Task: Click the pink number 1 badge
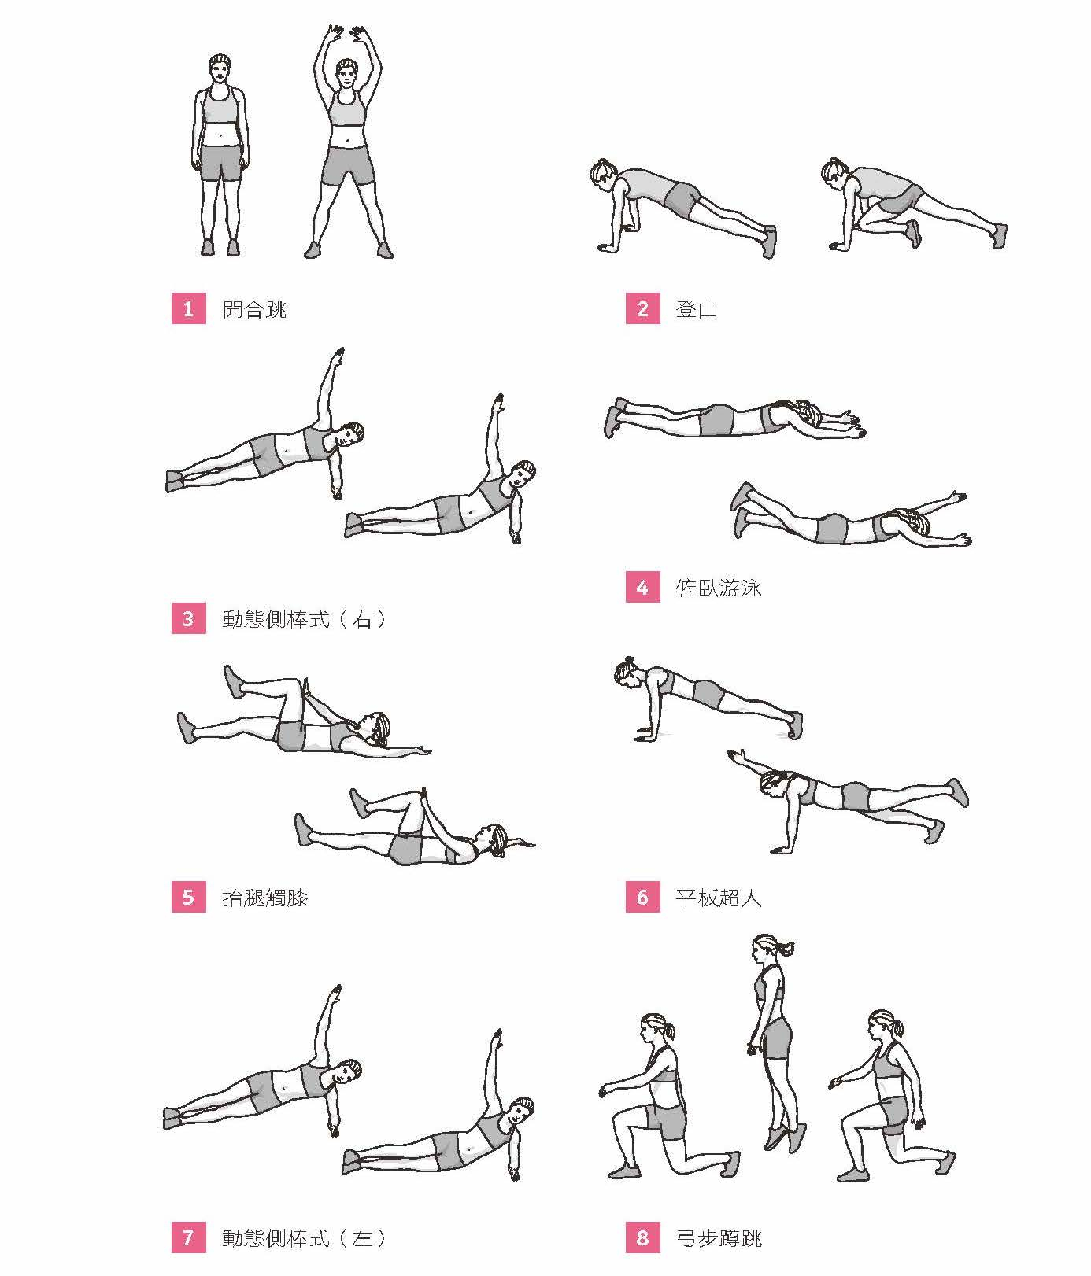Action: pos(187,309)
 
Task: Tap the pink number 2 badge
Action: pos(642,309)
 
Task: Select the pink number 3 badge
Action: pos(187,619)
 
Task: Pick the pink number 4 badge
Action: pos(642,588)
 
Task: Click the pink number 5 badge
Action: pos(187,898)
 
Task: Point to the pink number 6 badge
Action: pos(642,898)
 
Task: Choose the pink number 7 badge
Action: pos(187,1238)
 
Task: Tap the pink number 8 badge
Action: pos(642,1238)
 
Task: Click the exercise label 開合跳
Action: pos(255,309)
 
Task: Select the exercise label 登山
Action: pos(697,309)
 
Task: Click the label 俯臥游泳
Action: pos(719,588)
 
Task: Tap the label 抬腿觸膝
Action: pos(265,898)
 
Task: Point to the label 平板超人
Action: pos(719,898)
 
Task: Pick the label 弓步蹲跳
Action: pos(719,1238)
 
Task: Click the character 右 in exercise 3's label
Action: pos(362,619)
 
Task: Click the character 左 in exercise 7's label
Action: pos(362,1238)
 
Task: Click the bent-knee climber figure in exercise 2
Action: pos(913,205)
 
